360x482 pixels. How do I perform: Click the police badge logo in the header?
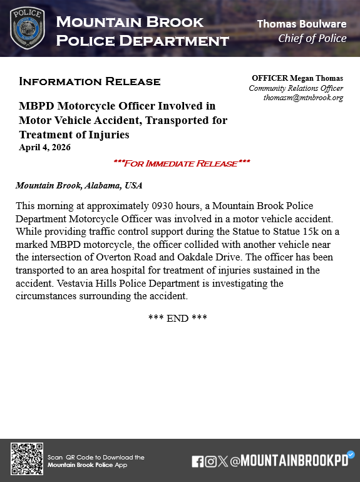(x=28, y=28)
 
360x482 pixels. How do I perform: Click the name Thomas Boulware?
(x=302, y=24)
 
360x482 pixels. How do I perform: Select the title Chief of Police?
(x=312, y=38)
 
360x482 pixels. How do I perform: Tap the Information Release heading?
(x=90, y=81)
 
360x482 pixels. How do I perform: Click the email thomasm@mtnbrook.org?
(x=303, y=98)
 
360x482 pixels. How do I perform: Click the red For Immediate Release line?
(x=182, y=163)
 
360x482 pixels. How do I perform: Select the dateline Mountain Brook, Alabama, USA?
(x=79, y=186)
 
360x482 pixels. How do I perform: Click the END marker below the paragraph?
(x=178, y=318)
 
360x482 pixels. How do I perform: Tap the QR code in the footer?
(x=27, y=459)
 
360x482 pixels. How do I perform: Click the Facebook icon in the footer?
(x=197, y=461)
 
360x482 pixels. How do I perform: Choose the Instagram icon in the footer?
(x=211, y=461)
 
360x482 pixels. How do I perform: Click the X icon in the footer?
(x=224, y=461)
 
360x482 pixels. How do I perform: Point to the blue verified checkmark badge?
(x=351, y=454)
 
